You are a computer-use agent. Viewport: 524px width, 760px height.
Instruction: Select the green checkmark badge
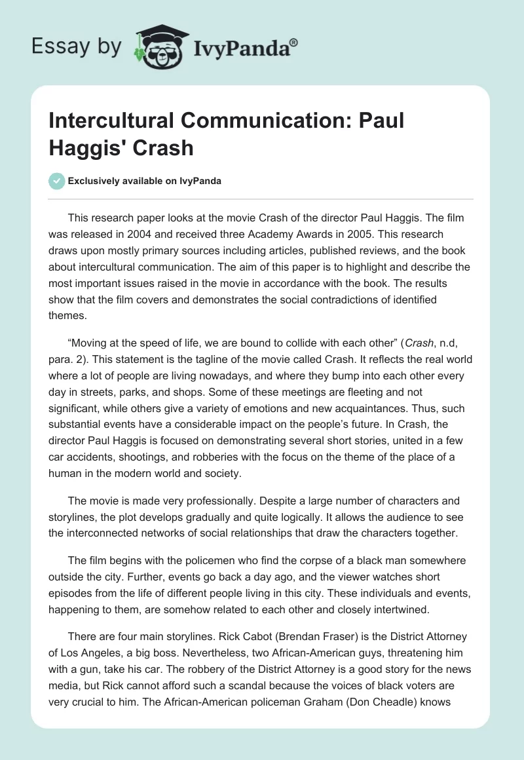click(57, 181)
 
